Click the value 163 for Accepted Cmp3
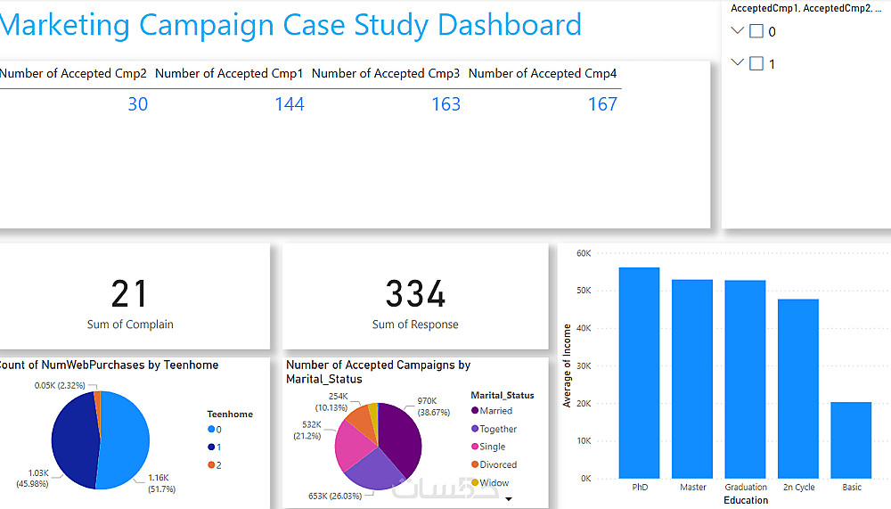[445, 104]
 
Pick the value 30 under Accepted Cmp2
[137, 104]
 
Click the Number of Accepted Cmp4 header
[542, 74]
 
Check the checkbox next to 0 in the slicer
[756, 31]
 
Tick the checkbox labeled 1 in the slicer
[756, 63]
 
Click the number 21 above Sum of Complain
[130, 294]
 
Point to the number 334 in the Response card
[415, 294]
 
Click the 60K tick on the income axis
[584, 253]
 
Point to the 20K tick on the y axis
[584, 403]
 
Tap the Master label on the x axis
[692, 488]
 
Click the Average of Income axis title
[568, 365]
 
